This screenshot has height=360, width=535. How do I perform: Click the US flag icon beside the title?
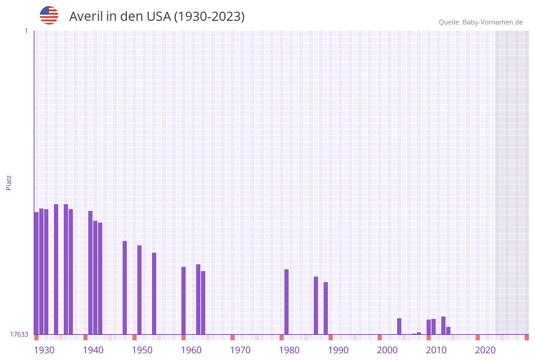pyautogui.click(x=49, y=15)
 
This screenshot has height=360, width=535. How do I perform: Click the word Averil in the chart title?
pyautogui.click(x=85, y=17)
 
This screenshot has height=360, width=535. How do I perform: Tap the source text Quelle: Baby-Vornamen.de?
pyautogui.click(x=480, y=22)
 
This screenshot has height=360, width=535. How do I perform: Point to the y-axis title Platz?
pyautogui.click(x=9, y=182)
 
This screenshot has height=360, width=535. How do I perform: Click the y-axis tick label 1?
pyautogui.click(x=26, y=31)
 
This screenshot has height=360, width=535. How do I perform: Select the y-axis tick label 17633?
pyautogui.click(x=19, y=334)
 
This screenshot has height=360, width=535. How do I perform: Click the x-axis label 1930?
pyautogui.click(x=44, y=350)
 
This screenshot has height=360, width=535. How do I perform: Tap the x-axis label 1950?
pyautogui.click(x=142, y=350)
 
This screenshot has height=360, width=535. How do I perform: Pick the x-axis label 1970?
pyautogui.click(x=240, y=350)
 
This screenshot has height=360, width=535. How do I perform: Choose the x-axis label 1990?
pyautogui.click(x=338, y=350)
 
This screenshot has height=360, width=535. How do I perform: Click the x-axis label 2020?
pyautogui.click(x=485, y=350)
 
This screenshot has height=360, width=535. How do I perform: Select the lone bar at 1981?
pyautogui.click(x=286, y=302)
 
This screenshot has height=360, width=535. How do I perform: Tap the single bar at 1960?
pyautogui.click(x=183, y=301)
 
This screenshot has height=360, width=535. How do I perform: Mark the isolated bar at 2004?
pyautogui.click(x=399, y=326)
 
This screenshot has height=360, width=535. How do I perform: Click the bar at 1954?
pyautogui.click(x=154, y=293)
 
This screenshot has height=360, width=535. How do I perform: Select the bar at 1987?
pyautogui.click(x=316, y=305)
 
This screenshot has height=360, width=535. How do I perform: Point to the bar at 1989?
pyautogui.click(x=325, y=308)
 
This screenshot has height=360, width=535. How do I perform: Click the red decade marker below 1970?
pyautogui.click(x=232, y=337)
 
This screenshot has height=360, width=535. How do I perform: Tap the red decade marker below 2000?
pyautogui.click(x=379, y=337)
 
